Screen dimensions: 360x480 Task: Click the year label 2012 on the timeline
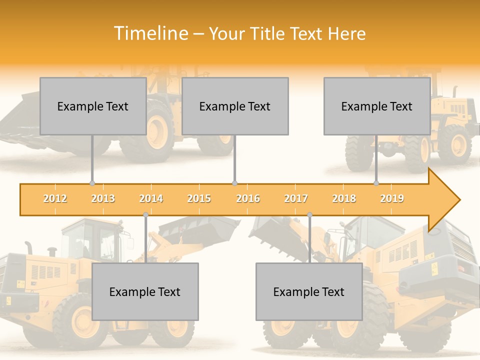pyautogui.click(x=55, y=198)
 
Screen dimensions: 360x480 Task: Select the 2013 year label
pyautogui.click(x=103, y=198)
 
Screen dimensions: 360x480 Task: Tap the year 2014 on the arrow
pyautogui.click(x=151, y=198)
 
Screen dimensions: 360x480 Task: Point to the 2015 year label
pyautogui.click(x=199, y=198)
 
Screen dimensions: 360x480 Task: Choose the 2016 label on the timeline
pyautogui.click(x=248, y=198)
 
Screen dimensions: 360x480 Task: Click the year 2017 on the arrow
pyautogui.click(x=296, y=198)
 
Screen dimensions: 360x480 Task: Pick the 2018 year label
pyautogui.click(x=344, y=198)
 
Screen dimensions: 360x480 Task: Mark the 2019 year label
pyautogui.click(x=392, y=198)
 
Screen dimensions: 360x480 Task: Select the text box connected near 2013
pyautogui.click(x=93, y=106)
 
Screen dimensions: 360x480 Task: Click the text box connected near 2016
pyautogui.click(x=235, y=106)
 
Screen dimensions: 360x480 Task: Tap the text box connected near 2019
pyautogui.click(x=377, y=106)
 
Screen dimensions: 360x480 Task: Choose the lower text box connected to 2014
pyautogui.click(x=145, y=291)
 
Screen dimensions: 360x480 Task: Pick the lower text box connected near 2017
pyautogui.click(x=309, y=291)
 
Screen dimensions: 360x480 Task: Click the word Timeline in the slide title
pyautogui.click(x=150, y=33)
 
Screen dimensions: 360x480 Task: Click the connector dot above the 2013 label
pyautogui.click(x=92, y=183)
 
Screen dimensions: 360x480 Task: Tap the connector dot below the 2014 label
pyautogui.click(x=145, y=214)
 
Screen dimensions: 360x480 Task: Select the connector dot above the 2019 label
pyautogui.click(x=376, y=183)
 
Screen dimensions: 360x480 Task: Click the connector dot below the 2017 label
pyautogui.click(x=309, y=214)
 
